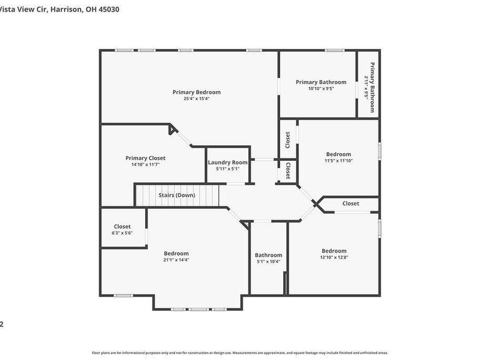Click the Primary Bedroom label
[196, 92]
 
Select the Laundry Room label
[227, 163]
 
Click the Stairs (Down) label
[176, 195]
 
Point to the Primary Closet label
[145, 158]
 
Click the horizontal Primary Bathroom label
[320, 82]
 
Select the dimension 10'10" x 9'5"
[320, 89]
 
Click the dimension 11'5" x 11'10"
[338, 161]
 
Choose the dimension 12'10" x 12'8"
[334, 257]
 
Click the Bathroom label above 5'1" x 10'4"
[268, 255]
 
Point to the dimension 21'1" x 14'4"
[176, 260]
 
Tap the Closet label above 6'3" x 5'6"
[122, 226]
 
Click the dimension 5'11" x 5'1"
[227, 169]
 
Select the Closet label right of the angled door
[351, 203]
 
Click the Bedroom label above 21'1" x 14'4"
[176, 253]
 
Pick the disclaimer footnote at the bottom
[239, 353]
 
